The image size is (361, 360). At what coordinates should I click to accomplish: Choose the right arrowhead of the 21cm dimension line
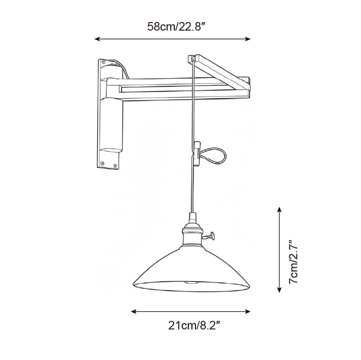coord(250,311)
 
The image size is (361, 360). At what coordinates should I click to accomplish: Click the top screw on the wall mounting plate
coord(104,62)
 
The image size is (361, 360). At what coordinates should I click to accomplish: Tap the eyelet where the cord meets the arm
coord(192,59)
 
